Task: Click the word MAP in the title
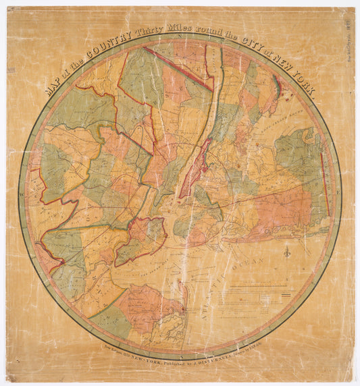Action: pos(53,89)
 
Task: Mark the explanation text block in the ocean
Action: pos(260,297)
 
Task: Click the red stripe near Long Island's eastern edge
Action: pos(326,182)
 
